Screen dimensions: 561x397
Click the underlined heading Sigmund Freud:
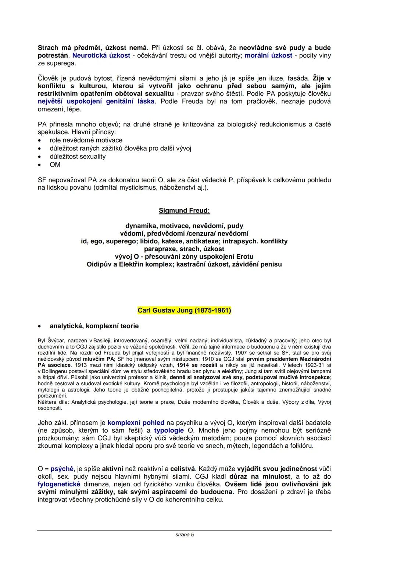(184, 211)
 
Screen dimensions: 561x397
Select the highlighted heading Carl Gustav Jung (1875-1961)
(184, 310)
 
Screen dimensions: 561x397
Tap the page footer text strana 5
(185, 535)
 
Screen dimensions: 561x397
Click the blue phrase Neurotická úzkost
(101, 56)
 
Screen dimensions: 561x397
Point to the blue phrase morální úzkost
(268, 56)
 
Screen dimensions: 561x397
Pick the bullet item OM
(55, 165)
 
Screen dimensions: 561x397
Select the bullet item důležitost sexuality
(78, 157)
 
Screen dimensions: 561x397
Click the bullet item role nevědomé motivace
(86, 140)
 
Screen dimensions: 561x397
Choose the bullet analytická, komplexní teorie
(94, 326)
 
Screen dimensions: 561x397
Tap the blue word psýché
(62, 469)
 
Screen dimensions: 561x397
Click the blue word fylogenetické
(59, 484)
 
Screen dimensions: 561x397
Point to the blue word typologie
(169, 430)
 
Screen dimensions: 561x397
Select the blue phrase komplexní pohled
(136, 423)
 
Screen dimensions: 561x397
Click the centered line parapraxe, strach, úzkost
(184, 249)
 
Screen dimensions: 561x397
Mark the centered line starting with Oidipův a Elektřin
(184, 264)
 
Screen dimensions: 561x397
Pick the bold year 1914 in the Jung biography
(183, 365)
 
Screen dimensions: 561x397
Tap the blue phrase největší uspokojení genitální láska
(96, 101)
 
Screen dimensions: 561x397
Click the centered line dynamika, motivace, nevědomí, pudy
(184, 226)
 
